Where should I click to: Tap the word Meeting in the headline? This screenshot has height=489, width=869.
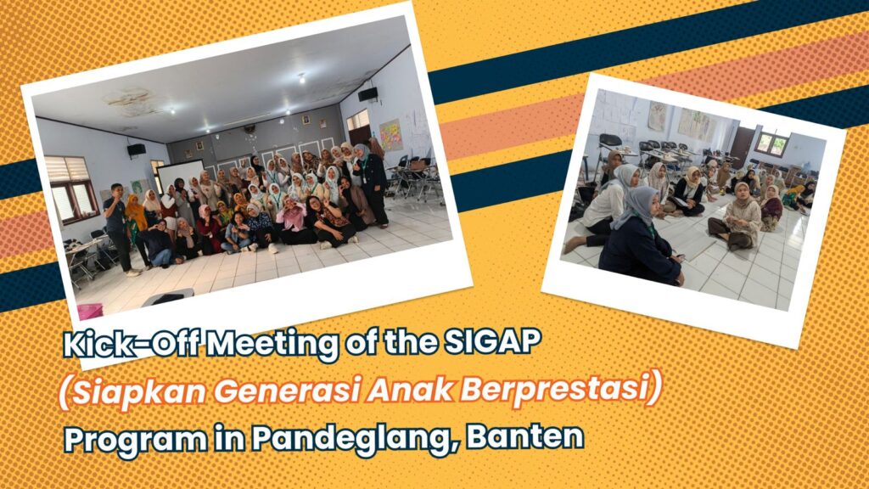coord(274,345)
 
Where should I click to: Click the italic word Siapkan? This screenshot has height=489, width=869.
coord(138,391)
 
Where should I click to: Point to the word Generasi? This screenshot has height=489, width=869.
coord(287,390)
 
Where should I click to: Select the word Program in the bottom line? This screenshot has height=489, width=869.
coord(135,441)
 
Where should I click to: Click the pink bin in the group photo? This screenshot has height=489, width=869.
coord(90,311)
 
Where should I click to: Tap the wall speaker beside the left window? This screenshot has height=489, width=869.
coord(137,149)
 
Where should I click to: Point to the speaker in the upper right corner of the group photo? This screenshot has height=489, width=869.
coord(368,94)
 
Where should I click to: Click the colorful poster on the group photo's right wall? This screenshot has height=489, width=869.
coord(390,135)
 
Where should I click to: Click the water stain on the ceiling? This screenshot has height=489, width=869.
coord(130,102)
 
